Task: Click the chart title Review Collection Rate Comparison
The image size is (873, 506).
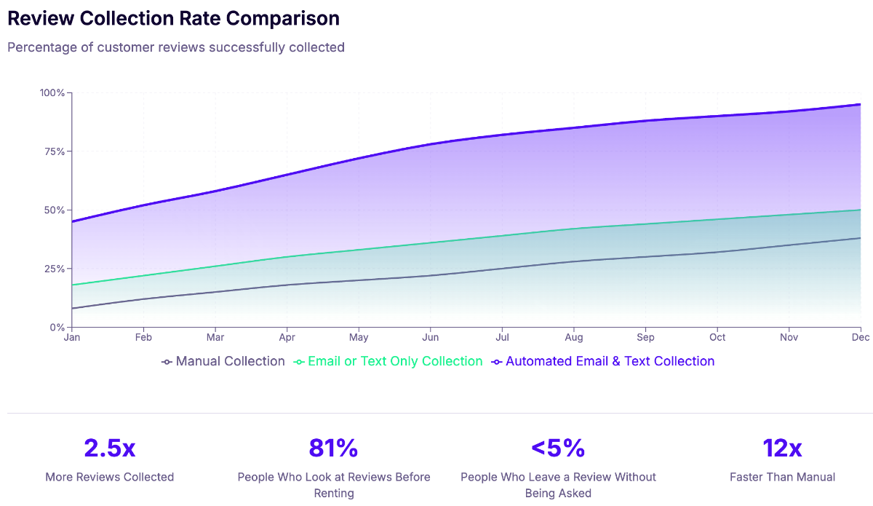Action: coord(173,18)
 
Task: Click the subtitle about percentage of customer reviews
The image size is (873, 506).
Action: coord(176,47)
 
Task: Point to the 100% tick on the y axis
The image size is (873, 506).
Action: coord(52,93)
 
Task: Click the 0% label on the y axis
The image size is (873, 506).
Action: coord(57,327)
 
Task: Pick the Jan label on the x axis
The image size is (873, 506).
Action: coord(72,338)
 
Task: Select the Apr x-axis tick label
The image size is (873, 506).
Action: coord(287,338)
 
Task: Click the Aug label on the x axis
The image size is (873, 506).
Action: coord(574,338)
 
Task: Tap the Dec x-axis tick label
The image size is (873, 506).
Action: coord(861,338)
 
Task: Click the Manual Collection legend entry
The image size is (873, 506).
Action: coord(223,361)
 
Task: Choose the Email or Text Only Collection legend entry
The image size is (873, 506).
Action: coord(388,361)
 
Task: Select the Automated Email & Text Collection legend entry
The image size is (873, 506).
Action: coord(603,361)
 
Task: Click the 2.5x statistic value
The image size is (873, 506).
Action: coord(110,448)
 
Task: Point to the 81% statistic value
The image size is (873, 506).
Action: coord(334,448)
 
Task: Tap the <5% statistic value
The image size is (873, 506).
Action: coord(558,448)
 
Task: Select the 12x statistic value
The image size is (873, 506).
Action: coord(782,448)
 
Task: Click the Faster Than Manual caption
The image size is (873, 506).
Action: coord(782,477)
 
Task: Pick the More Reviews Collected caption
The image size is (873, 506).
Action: coord(110,477)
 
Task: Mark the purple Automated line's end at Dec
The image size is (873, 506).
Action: coord(861,105)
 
